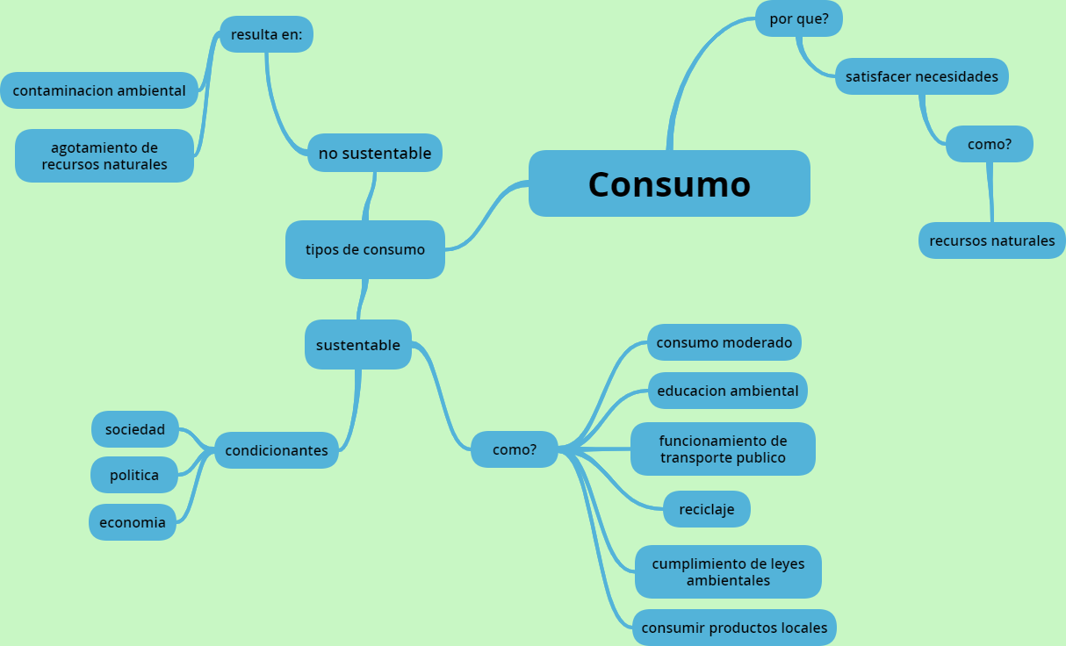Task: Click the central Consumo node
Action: point(669,183)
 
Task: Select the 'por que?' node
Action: point(799,18)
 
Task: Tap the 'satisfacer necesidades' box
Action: point(921,76)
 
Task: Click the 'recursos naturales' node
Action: point(991,240)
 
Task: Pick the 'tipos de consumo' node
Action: point(364,249)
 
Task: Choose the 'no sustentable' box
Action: point(375,154)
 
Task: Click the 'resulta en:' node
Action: point(266,34)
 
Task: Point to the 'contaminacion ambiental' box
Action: point(99,90)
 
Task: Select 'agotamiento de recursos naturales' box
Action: point(104,155)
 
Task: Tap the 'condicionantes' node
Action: point(276,450)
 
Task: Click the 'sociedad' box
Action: point(134,429)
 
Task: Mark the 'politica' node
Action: point(133,475)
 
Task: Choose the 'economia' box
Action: point(132,522)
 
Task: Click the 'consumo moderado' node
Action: point(724,342)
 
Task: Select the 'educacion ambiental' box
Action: point(727,391)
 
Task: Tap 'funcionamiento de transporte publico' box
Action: point(723,449)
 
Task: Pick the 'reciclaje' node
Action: point(706,509)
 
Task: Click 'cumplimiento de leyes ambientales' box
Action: point(728,571)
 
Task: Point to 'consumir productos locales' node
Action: point(734,628)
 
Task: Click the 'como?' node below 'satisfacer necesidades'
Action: point(989,144)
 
